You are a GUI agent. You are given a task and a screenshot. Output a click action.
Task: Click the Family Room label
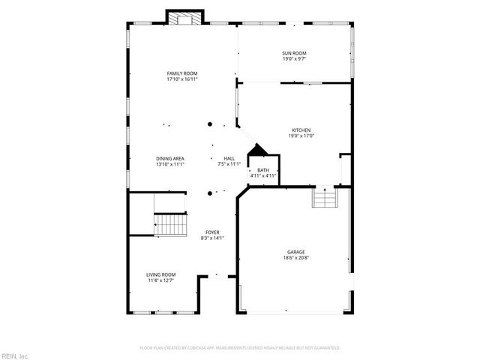[x=181, y=73]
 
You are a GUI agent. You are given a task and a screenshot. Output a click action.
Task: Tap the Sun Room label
[x=294, y=52]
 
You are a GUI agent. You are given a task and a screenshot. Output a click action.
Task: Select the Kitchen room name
[x=301, y=130]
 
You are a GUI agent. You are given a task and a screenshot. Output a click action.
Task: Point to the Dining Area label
[x=170, y=158]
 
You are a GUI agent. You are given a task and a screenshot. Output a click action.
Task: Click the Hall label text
[x=229, y=158]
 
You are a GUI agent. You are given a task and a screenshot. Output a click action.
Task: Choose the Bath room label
[x=263, y=170]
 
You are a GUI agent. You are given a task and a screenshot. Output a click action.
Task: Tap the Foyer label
[x=212, y=232]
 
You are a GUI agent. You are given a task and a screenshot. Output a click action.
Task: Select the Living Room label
[x=160, y=274]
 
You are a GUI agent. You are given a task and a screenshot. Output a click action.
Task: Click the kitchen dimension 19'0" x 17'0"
[x=301, y=136]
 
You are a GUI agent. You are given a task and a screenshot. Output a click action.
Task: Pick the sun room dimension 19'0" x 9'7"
[x=294, y=58]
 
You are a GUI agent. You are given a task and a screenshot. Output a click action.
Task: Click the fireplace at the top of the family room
[x=184, y=19]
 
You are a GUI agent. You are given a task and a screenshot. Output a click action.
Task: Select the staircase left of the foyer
[x=170, y=223]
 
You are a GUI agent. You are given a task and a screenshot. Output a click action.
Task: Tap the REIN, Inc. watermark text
[x=15, y=355]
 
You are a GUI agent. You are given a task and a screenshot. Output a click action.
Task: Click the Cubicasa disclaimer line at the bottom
[x=240, y=348]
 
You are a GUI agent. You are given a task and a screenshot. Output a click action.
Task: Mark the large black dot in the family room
[x=210, y=124]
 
